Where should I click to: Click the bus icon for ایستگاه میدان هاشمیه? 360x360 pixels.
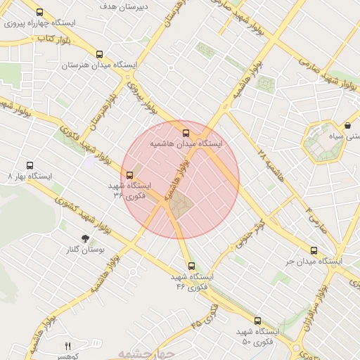pos(186,133)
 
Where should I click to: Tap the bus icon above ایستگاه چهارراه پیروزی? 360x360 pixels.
pos(39,13)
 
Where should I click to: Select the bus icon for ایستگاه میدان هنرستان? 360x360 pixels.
pos(99,54)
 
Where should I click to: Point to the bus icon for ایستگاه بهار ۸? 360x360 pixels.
pos(30,164)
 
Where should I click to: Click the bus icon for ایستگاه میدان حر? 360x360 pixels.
pos(314,250)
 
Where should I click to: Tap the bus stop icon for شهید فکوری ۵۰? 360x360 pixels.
pos(257,321)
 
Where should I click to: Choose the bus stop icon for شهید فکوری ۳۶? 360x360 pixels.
pos(129,175)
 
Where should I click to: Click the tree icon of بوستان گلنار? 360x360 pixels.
pos(85,239)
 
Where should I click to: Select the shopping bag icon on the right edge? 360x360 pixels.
pos(347,125)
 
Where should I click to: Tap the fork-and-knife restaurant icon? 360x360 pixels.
pos(68,345)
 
